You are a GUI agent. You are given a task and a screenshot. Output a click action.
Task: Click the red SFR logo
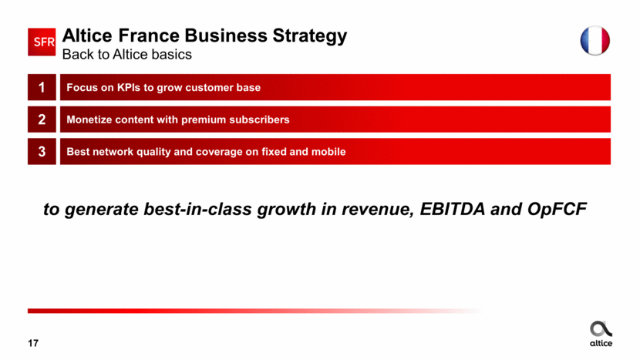point(42,42)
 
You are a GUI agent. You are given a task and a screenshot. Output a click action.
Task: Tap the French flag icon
point(595,40)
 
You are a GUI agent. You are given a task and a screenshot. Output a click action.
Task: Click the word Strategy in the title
point(310,36)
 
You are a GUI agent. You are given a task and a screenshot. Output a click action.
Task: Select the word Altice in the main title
point(87,35)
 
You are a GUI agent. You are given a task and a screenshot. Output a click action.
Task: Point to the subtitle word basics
point(171,54)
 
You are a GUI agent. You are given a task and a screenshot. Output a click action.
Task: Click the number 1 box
point(42,87)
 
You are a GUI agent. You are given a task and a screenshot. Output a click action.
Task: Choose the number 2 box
point(42,119)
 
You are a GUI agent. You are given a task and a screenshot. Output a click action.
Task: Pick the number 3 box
point(42,151)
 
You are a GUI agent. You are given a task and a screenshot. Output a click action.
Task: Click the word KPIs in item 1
point(128,87)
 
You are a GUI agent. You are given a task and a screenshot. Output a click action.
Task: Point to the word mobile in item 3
point(328,152)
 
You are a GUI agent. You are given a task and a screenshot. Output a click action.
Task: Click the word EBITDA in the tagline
point(453,209)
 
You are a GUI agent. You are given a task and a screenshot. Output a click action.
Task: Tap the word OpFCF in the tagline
point(557,209)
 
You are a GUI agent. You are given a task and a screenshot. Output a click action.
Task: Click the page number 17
point(33,343)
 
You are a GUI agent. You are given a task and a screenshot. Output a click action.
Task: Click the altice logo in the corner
point(601,334)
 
